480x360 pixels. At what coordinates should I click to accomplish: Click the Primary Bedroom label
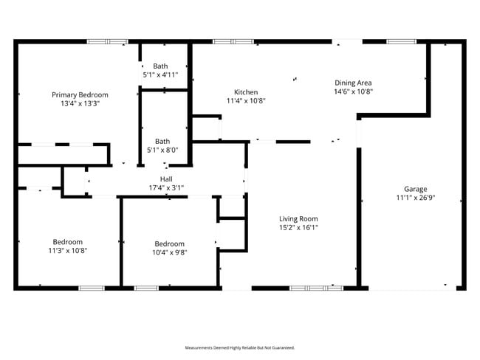[80, 94]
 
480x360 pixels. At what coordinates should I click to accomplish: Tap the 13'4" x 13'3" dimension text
[80, 104]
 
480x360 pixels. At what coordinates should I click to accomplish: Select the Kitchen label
[246, 92]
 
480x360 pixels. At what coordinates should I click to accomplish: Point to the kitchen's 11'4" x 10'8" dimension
[246, 101]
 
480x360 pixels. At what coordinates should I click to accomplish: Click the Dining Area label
[354, 83]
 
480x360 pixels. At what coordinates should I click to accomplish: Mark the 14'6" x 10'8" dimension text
[354, 92]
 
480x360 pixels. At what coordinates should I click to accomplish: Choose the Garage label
[415, 189]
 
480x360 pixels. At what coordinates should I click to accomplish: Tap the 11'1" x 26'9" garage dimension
[415, 198]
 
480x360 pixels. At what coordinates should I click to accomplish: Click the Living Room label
[298, 218]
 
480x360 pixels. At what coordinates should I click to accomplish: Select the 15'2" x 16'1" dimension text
[298, 228]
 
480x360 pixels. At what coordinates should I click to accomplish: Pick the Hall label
[166, 179]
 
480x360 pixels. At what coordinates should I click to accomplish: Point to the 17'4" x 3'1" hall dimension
[166, 188]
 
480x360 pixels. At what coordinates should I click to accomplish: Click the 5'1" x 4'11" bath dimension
[161, 75]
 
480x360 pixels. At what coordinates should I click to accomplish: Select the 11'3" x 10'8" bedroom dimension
[67, 251]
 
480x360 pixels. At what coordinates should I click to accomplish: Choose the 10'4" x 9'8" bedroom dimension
[169, 253]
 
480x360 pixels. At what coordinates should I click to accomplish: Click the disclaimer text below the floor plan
[239, 347]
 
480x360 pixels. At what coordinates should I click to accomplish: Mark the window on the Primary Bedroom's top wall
[108, 41]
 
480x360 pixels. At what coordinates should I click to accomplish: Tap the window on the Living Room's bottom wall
[316, 288]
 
